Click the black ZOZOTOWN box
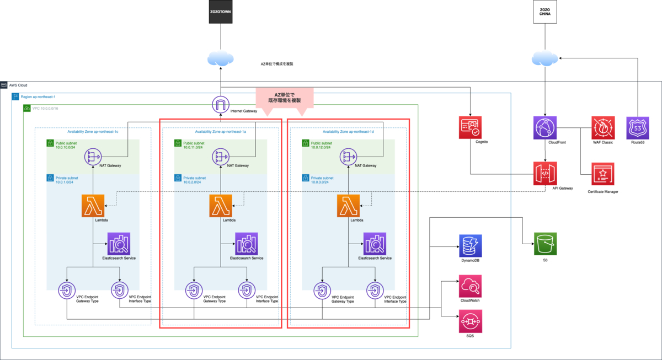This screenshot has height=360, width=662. click(221, 12)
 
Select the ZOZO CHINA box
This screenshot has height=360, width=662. click(544, 12)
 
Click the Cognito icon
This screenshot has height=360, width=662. click(470, 127)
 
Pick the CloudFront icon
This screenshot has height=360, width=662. click(544, 127)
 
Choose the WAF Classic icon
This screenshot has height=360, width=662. click(602, 127)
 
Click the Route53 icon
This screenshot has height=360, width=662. click(638, 127)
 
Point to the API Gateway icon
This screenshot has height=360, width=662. click(544, 174)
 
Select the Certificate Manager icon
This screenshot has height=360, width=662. click(602, 174)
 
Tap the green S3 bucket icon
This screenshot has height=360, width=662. click(545, 244)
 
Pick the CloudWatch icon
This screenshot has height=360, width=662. click(470, 286)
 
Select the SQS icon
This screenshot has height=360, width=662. click(470, 320)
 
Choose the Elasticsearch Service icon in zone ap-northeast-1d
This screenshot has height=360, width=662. click(375, 244)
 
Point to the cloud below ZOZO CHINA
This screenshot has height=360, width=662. click(544, 59)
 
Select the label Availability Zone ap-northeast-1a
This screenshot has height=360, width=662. click(221, 132)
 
